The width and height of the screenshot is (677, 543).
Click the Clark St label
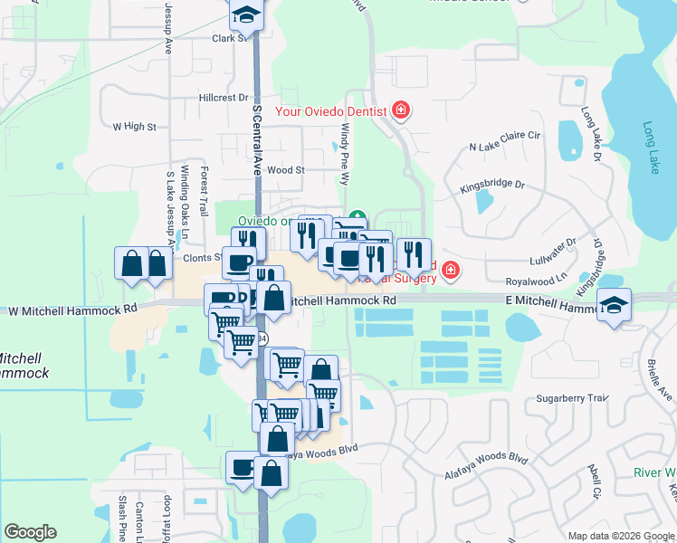pos(228,39)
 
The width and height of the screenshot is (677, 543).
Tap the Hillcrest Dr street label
pos(223,98)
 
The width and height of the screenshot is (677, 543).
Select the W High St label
pos(134,127)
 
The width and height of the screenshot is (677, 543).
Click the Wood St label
pos(286,169)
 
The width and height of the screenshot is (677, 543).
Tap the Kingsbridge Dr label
pos(492,186)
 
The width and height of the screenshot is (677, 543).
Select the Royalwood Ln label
pos(535,280)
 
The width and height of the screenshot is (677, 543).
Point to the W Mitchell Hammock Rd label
pos(72,309)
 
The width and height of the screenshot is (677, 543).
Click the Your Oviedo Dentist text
pos(331,111)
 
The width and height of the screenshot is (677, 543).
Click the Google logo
pos(31,532)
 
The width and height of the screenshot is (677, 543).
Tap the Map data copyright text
pos(621,536)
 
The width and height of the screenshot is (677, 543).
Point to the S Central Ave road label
pos(257,139)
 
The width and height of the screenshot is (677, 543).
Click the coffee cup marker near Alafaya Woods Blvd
pos(242,468)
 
